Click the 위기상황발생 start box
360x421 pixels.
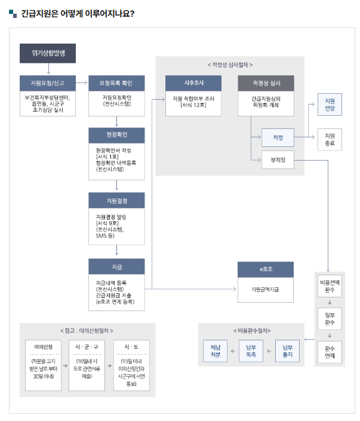48,53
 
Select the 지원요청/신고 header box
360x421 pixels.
48,82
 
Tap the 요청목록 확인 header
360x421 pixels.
116,82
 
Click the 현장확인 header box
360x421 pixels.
116,134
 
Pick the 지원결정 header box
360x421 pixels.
116,199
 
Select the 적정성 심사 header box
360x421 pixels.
266,83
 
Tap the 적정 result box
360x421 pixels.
278,137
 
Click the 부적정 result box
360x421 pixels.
278,159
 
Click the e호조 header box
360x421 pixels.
266,270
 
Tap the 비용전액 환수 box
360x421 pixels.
330,287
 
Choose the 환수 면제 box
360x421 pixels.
330,352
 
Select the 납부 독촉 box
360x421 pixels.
251,351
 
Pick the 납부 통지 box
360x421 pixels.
288,351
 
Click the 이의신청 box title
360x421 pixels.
44,346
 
